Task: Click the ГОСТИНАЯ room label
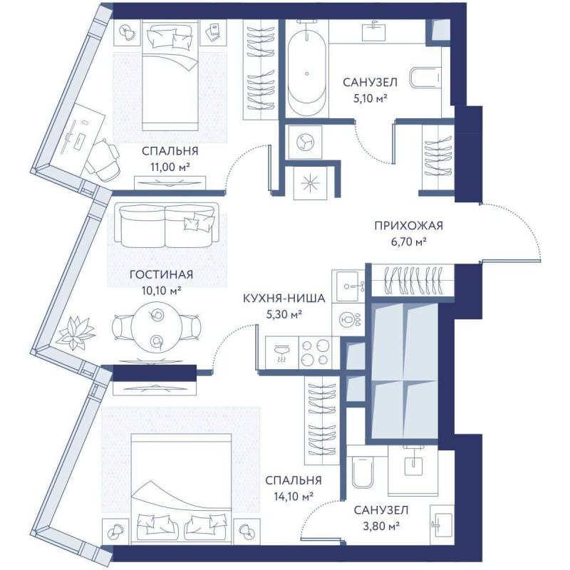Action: [161, 274]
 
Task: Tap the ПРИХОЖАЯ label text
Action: [408, 225]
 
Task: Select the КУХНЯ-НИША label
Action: [284, 299]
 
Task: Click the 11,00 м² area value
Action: [170, 167]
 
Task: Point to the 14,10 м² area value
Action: [294, 496]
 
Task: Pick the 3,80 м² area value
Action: [381, 526]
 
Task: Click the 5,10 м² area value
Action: [370, 98]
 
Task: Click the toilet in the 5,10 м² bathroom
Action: [425, 78]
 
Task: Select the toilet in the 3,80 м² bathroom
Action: [363, 472]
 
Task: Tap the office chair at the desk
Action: [103, 160]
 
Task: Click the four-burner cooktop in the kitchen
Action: [315, 352]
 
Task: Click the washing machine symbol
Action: [305, 142]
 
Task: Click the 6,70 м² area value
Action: [408, 242]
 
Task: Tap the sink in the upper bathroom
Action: [373, 30]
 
